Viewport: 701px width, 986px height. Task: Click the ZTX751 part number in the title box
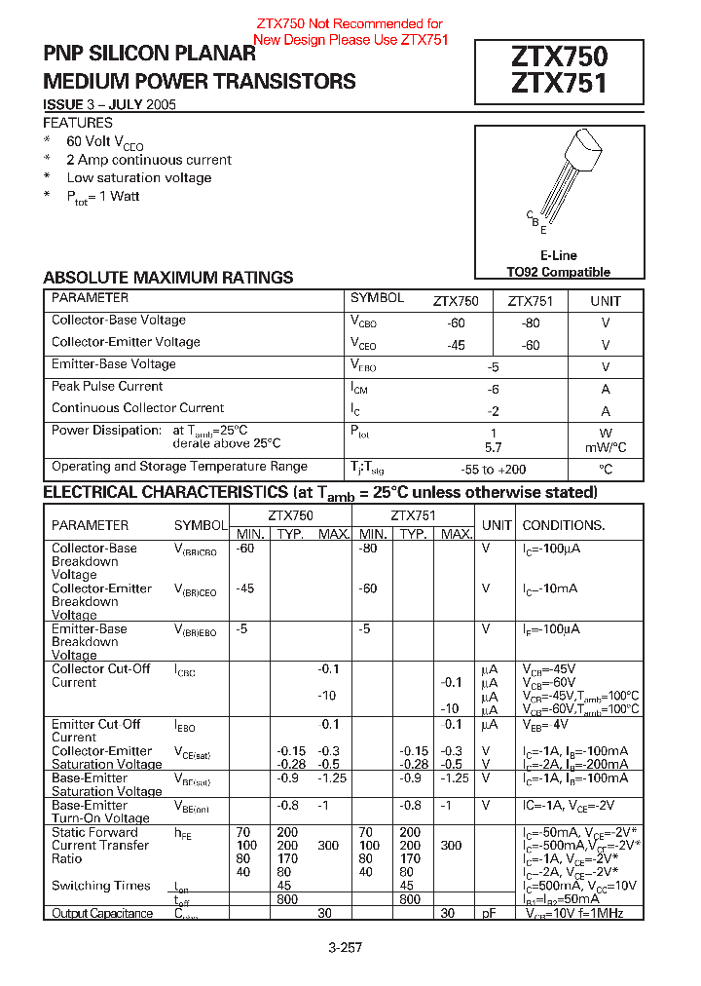(558, 85)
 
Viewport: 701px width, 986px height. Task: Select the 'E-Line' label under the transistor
(558, 255)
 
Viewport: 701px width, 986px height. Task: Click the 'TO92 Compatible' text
(558, 272)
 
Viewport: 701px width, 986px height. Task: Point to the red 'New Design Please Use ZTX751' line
(350, 40)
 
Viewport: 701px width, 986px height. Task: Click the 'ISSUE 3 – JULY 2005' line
(109, 104)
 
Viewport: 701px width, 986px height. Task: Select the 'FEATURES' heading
(78, 123)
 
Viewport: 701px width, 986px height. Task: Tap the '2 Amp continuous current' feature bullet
(149, 160)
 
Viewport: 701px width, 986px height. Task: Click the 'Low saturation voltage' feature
(139, 177)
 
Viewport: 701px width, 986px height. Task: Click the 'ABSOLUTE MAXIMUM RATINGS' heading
(168, 278)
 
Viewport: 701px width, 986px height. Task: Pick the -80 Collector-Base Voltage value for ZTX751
(530, 322)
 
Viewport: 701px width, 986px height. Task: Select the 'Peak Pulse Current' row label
(107, 386)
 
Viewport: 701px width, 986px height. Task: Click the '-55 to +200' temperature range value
(493, 469)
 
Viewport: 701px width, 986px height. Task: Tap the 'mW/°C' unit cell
(605, 447)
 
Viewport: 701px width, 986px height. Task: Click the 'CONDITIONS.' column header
(564, 525)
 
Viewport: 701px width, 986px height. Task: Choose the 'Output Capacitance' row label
(102, 913)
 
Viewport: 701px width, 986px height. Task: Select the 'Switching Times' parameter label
(101, 886)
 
